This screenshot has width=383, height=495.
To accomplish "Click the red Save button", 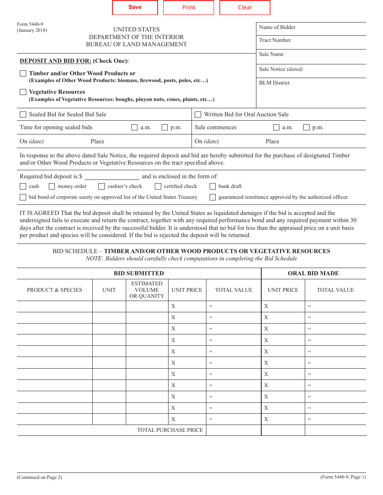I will pos(135,7).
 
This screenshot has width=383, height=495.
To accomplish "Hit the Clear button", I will pos(245,8).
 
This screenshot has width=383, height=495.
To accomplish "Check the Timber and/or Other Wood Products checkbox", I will pos(23,74).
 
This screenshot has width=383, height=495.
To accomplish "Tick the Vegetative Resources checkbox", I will pos(23,92).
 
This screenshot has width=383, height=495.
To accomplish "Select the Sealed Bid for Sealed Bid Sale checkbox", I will pos(23,115).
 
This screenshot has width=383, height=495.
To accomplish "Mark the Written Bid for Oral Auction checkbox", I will pos(198,115).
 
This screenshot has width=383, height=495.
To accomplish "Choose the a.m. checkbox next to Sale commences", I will pos(276,128).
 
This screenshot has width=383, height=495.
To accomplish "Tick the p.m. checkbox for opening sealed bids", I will pos(164,128).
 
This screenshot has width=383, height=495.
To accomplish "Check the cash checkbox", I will pos(23,186).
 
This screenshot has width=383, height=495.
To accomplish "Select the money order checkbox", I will pos(52,186).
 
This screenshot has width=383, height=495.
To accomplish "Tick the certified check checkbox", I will pos(158,186).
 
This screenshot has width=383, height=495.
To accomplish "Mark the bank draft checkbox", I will pos(212,186).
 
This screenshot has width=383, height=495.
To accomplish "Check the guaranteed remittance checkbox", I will pos(212,197).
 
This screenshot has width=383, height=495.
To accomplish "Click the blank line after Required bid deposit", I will pos(112,177).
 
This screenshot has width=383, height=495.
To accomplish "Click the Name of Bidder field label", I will pos(277,27).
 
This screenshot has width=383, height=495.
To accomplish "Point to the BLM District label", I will pos(274,83).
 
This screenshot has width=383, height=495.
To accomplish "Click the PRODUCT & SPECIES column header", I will pos(54,290).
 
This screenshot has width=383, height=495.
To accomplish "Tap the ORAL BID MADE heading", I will pos(313,273).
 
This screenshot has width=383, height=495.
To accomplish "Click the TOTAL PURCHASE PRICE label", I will pos(170,430).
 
